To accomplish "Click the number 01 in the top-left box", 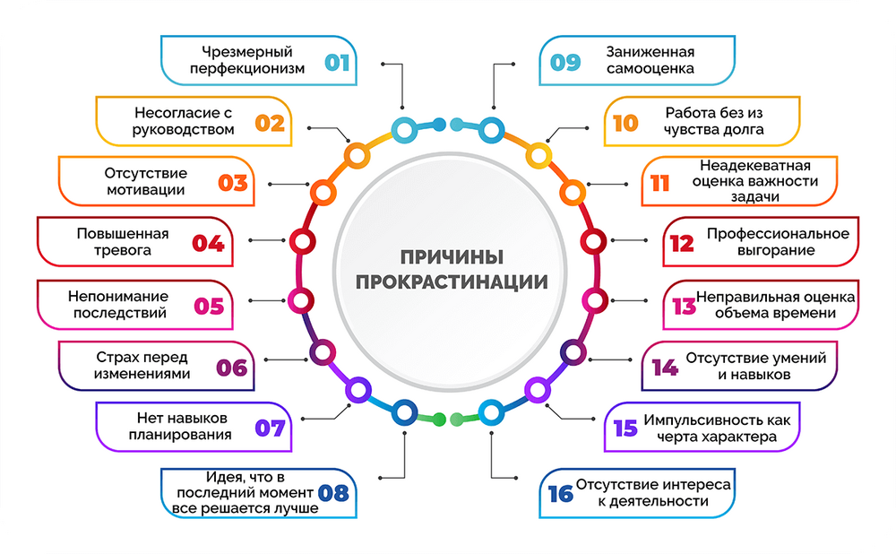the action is coord(337,63).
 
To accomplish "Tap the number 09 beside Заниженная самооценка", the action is coord(565,63).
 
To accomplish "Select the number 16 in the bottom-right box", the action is coord(560,494).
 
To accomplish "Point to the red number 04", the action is coord(208,244).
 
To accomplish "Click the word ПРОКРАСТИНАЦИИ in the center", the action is coord(452,281).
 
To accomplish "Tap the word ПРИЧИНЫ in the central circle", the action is coord(452,257).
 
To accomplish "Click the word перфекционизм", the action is coord(247,69).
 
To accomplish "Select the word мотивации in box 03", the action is coord(146,190).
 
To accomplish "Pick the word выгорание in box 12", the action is coord(775,251).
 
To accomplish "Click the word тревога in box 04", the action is coord(122,251).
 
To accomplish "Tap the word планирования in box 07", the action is coord(180,435).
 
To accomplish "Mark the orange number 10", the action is coord(625,123).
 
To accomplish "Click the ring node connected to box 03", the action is coord(323,192).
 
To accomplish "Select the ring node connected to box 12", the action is coord(594,241).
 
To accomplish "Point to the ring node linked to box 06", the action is coord(323,352).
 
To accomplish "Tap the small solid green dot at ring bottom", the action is coord(439,420).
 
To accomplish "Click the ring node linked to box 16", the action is coord(491,412).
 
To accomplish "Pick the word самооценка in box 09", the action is coord(650,69).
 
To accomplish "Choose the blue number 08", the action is coord(333,493).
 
